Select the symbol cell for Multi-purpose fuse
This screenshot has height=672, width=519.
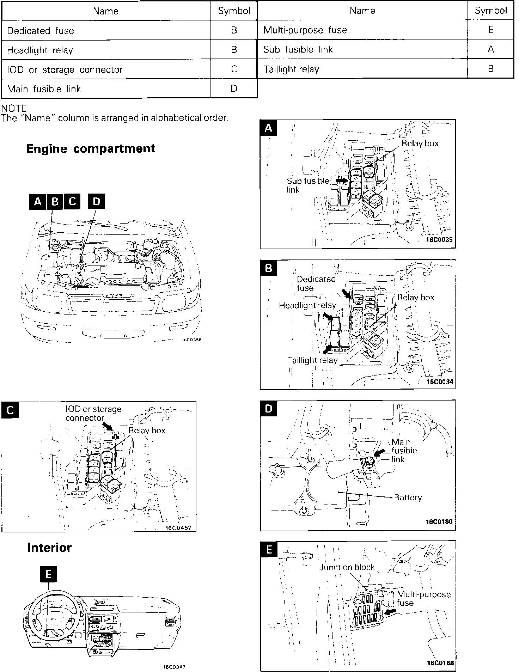click(x=490, y=30)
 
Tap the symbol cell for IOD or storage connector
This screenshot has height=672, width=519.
click(x=234, y=69)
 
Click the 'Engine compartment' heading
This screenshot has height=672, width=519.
click(x=91, y=148)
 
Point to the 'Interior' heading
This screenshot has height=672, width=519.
click(x=49, y=547)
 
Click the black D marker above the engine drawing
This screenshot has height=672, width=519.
click(x=96, y=201)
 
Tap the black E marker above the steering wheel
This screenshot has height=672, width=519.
click(x=48, y=575)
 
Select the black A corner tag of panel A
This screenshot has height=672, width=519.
click(x=268, y=128)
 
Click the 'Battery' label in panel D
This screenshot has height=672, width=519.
click(x=408, y=497)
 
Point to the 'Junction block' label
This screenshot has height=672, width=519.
click(x=347, y=567)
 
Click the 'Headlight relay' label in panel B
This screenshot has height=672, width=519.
click(x=307, y=305)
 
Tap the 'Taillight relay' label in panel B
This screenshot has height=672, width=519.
click(x=312, y=360)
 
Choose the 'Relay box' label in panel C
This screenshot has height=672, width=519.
click(x=147, y=430)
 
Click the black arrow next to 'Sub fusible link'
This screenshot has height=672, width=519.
click(x=341, y=180)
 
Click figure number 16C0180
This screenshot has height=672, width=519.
click(x=439, y=521)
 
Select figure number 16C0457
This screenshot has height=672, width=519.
click(x=178, y=528)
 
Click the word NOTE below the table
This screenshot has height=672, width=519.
click(x=14, y=108)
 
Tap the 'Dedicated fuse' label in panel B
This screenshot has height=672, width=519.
click(x=316, y=283)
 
